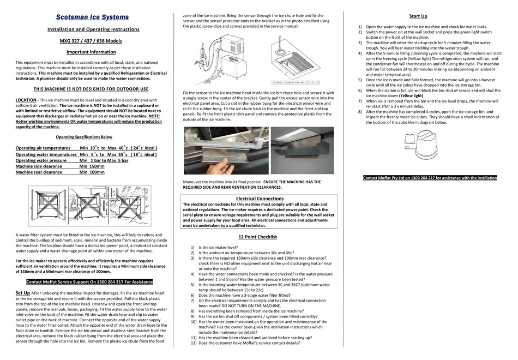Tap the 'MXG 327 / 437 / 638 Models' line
91,40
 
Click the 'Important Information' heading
91,52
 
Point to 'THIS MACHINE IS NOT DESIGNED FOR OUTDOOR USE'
91,88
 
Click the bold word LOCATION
26,100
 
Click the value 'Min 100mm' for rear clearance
92,172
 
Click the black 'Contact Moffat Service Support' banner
89,281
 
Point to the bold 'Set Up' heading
22,293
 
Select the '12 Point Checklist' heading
257,237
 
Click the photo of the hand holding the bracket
226,151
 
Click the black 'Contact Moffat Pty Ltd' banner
430,178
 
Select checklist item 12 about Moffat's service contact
249,343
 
